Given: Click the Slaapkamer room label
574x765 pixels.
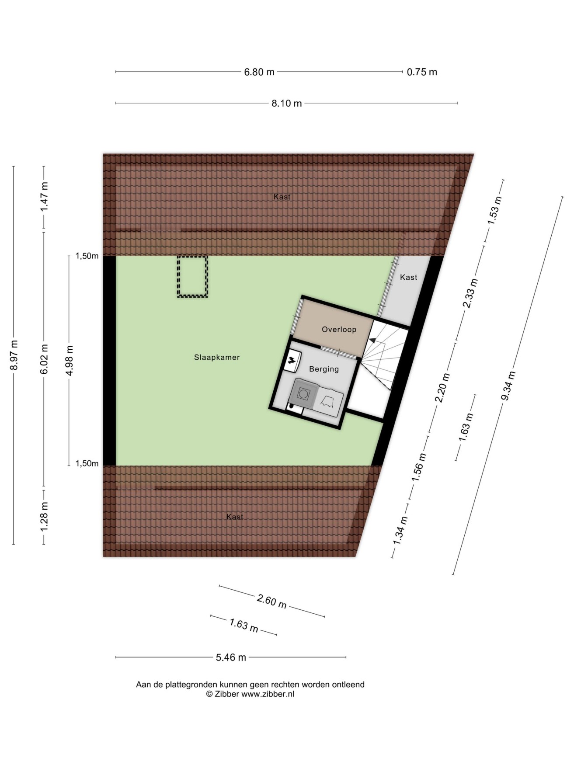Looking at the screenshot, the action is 217,358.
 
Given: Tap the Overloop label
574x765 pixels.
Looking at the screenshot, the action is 339,330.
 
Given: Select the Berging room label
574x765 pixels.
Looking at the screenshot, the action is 324,369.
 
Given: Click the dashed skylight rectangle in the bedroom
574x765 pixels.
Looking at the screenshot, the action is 192,277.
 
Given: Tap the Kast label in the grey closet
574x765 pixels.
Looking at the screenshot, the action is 409,277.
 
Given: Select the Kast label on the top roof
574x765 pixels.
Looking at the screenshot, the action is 282,197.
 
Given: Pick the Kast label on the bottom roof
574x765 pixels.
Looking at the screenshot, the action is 235,517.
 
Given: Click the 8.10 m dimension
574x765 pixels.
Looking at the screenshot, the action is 287,103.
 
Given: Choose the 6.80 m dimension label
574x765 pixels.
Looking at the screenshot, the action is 259,72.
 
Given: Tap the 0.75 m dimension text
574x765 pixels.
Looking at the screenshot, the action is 422,72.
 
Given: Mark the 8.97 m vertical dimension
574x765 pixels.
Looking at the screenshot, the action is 14,355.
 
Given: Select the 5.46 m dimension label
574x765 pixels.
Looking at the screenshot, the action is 231,657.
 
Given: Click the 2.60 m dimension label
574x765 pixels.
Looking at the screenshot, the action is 271,602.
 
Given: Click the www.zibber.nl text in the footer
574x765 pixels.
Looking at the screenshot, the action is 268,694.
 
